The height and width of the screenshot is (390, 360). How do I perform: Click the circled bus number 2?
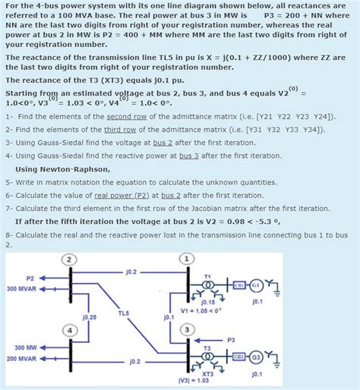(x=70, y=259)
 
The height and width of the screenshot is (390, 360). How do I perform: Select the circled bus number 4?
(x=70, y=331)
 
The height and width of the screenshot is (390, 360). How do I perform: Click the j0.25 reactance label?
(x=89, y=316)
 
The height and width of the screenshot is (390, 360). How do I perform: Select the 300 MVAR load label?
(x=21, y=289)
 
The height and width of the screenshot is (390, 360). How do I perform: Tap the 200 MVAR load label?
(x=21, y=358)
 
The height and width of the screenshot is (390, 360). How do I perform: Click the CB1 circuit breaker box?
(x=238, y=285)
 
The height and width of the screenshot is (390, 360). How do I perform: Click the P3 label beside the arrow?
(x=231, y=339)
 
